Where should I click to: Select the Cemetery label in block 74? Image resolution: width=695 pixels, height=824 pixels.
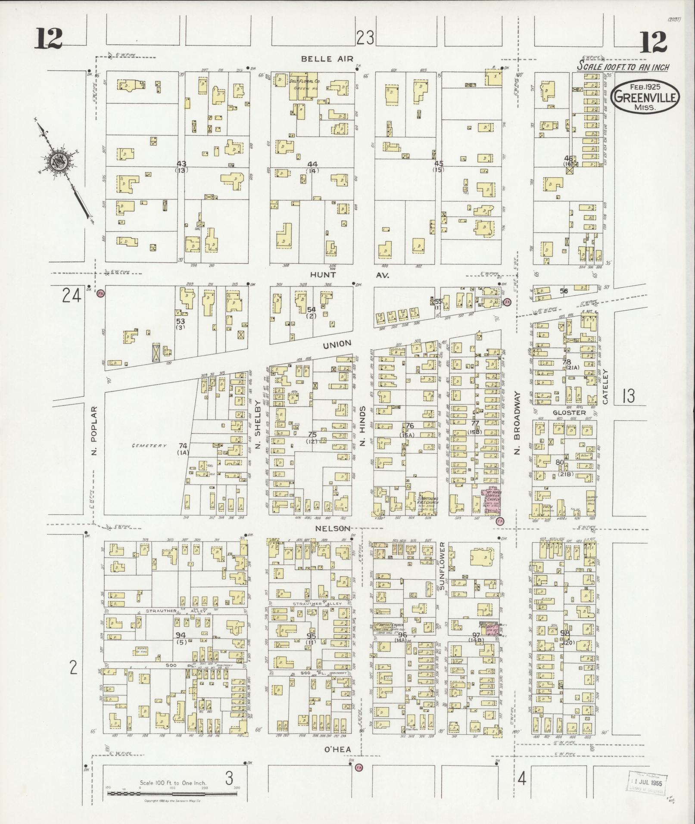tap(149, 446)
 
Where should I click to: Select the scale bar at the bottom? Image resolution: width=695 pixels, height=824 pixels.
tap(173, 793)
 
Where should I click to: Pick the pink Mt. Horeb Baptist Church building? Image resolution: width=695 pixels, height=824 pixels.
tap(492, 501)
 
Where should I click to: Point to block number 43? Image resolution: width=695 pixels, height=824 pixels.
tap(181, 164)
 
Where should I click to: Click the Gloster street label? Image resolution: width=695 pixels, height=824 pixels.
tap(570, 413)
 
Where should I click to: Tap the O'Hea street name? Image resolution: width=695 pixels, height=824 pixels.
tap(337, 750)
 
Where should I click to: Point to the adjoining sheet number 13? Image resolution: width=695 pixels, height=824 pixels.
tap(628, 395)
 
